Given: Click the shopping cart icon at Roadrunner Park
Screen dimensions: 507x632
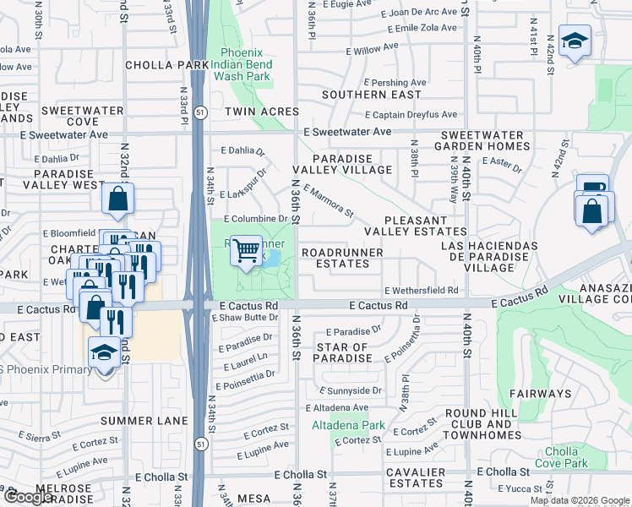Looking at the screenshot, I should click(x=246, y=251).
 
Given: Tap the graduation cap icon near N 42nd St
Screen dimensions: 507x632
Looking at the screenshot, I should click(x=575, y=41).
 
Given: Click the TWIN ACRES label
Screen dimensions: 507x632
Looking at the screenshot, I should click(x=262, y=112).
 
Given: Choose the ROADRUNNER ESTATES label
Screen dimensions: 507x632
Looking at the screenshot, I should click(x=342, y=258).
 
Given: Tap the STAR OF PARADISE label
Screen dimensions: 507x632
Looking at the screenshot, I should click(x=342, y=352).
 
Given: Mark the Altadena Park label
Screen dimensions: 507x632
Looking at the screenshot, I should click(x=348, y=425).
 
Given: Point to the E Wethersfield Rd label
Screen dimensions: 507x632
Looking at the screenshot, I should click(x=421, y=290).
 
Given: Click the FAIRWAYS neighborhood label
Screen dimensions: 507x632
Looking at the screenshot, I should click(x=540, y=394).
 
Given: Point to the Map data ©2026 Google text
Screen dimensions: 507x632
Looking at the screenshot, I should click(x=579, y=500).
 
